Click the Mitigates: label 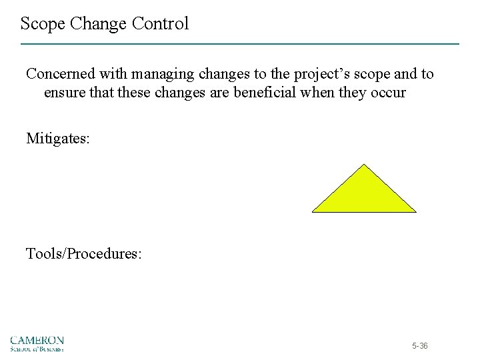[57, 139]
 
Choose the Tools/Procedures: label [83, 254]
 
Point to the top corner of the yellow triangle [364, 165]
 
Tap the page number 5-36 [420, 346]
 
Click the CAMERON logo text [37, 339]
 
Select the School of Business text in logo [37, 349]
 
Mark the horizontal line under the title [240, 44]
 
